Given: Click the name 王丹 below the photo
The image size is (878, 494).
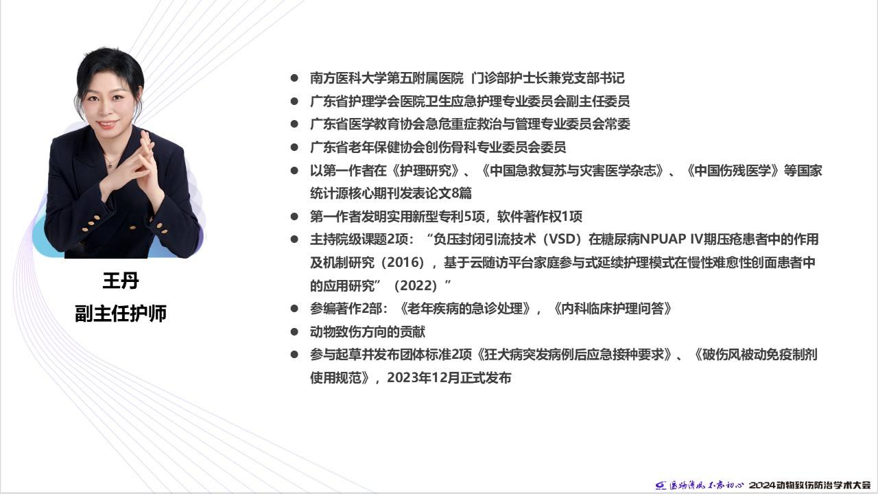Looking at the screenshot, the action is [x=121, y=281].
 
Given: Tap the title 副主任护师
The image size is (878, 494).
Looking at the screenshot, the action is [x=121, y=313].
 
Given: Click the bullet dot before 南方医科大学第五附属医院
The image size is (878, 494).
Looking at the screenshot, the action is [x=294, y=78].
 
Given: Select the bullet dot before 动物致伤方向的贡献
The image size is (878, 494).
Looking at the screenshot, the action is [x=294, y=332].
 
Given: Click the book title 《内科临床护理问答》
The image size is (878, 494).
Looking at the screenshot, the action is [x=613, y=309].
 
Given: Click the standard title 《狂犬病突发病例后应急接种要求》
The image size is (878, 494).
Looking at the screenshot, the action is [x=575, y=355].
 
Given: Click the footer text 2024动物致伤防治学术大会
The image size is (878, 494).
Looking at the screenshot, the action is [x=810, y=485].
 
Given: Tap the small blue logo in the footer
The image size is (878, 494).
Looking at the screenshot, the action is [x=661, y=485].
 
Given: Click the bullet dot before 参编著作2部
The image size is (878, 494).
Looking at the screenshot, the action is [x=294, y=309].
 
